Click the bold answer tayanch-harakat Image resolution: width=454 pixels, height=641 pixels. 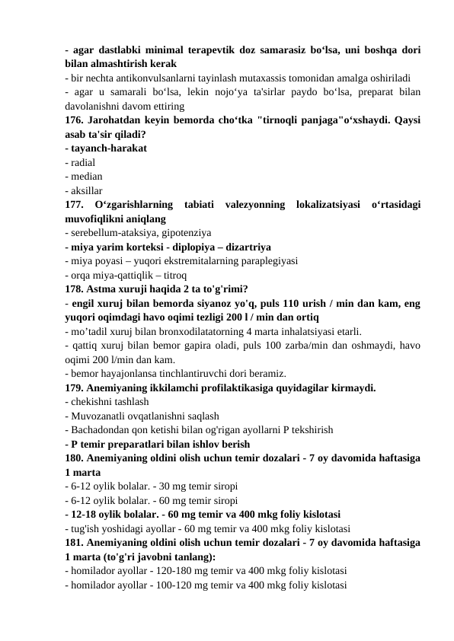[x=108, y=148]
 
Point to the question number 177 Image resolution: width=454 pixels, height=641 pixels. [x=76, y=204]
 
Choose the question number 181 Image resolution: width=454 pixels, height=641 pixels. [x=75, y=542]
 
